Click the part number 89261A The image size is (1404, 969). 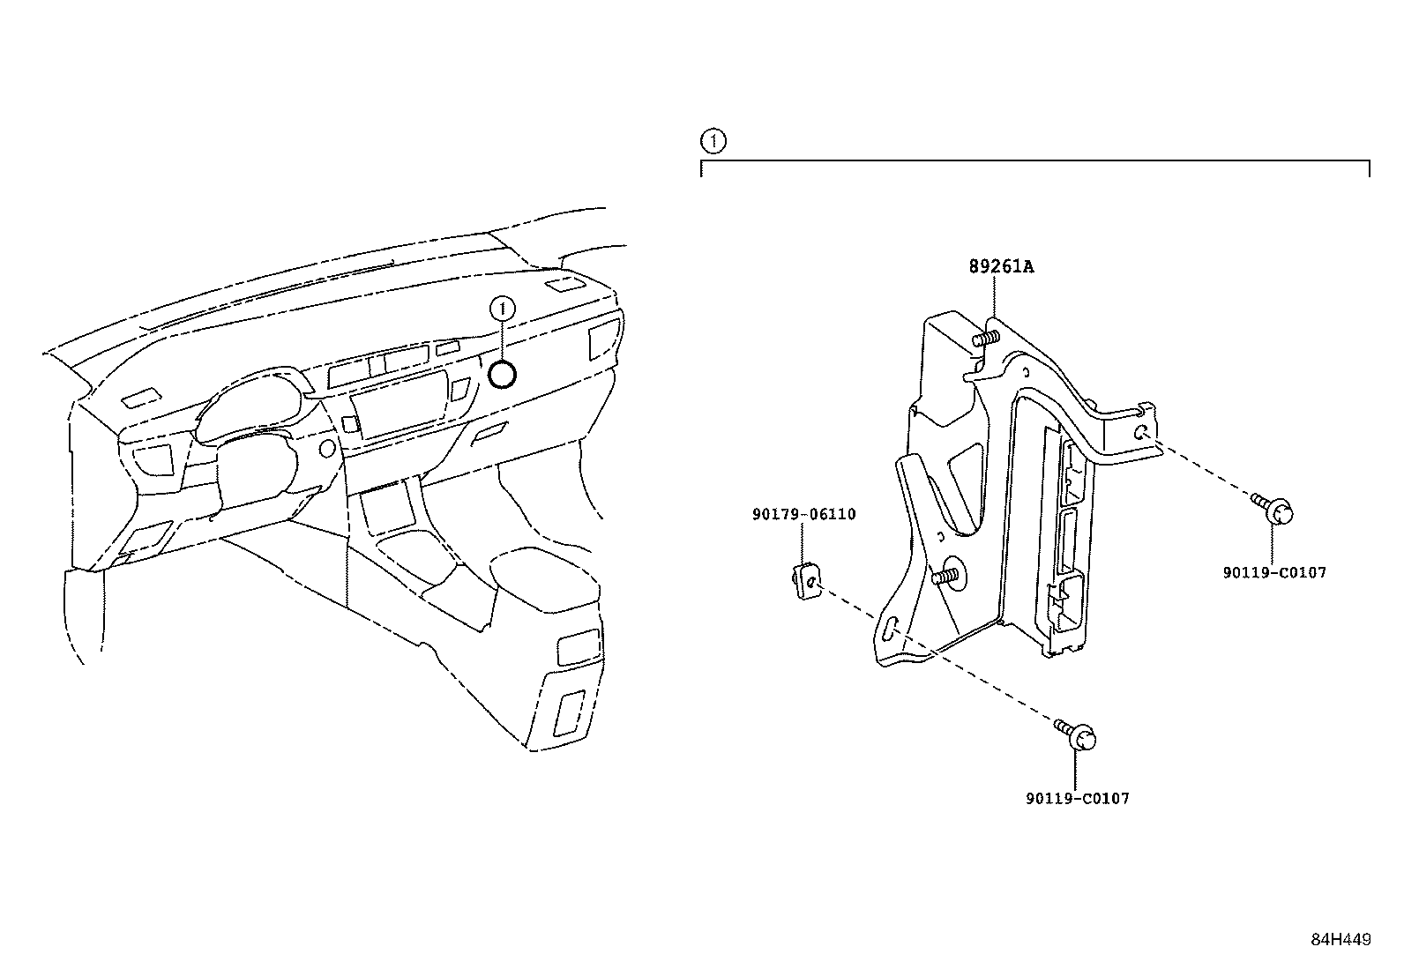click(1001, 266)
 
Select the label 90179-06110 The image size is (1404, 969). click(803, 514)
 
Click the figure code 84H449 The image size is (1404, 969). click(1341, 940)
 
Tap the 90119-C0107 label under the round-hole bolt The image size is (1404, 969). click(1274, 572)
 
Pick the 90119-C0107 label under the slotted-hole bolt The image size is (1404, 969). click(1077, 798)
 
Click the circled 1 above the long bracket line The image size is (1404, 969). click(713, 140)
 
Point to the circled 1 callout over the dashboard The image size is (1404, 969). click(503, 308)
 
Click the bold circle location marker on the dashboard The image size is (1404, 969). click(503, 376)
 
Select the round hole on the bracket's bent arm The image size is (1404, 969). click(1140, 431)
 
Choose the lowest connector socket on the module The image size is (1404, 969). click(1071, 600)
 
